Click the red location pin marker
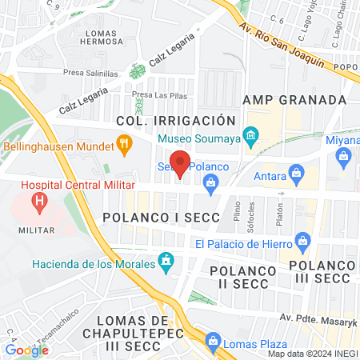tap(180, 163)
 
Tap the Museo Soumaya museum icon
tap(251, 135)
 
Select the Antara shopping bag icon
tap(297, 172)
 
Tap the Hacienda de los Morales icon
tap(166, 260)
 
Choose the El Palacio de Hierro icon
tap(302, 240)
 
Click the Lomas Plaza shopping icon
tap(212, 342)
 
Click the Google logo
tap(26, 349)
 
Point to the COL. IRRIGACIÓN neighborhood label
tap(175, 119)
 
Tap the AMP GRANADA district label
tap(295, 100)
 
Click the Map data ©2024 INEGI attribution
tap(311, 354)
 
